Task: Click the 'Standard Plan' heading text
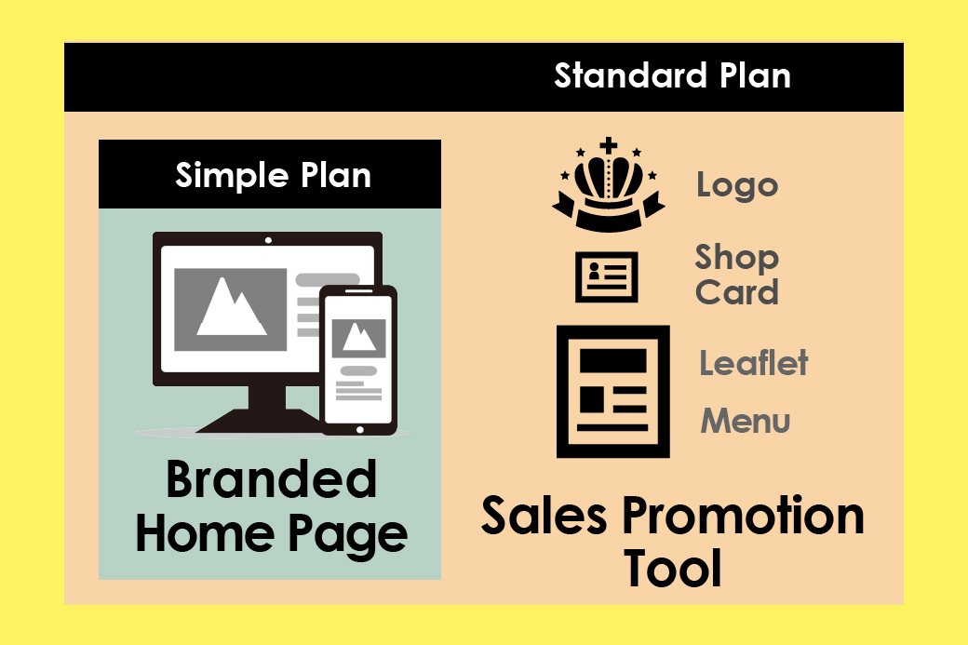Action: click(672, 76)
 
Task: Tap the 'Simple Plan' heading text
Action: click(273, 176)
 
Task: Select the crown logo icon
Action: click(609, 184)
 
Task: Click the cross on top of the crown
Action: click(609, 145)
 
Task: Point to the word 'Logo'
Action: click(737, 186)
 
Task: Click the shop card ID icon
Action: click(606, 276)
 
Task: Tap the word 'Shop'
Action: click(736, 258)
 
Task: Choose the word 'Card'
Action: click(736, 292)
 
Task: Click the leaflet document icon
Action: click(613, 391)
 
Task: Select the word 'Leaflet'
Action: click(753, 363)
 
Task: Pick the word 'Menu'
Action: click(746, 421)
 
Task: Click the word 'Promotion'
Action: click(743, 516)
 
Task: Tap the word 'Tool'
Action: click(672, 568)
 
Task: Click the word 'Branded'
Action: click(271, 479)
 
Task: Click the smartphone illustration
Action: click(358, 360)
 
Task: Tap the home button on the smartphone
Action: click(360, 430)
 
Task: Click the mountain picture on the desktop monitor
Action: click(230, 309)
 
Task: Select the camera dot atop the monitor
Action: click(268, 240)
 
